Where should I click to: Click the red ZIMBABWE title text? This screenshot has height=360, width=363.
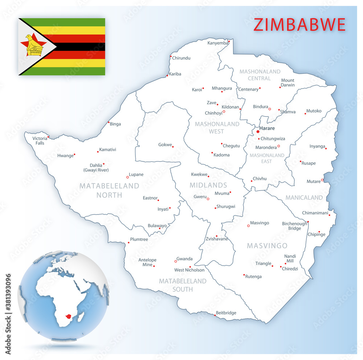(299, 25)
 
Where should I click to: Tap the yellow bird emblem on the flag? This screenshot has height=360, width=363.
(33, 45)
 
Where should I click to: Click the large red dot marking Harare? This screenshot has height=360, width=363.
(258, 132)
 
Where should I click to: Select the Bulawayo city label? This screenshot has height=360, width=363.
(157, 226)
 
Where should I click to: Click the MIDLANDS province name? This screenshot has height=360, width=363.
(208, 185)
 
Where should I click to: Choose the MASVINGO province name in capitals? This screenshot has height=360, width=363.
(267, 246)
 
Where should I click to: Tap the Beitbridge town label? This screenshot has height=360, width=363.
(226, 313)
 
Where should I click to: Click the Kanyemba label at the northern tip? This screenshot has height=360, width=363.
(218, 43)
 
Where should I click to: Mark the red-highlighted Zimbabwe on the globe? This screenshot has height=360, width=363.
(68, 316)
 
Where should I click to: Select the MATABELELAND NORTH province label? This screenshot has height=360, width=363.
(109, 190)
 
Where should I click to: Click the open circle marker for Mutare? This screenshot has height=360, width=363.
(322, 180)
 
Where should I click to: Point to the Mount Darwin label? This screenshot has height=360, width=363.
(287, 83)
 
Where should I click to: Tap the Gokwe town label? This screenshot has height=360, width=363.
(165, 145)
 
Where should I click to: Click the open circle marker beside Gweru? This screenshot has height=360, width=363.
(208, 199)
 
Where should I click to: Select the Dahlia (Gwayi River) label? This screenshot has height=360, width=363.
(96, 167)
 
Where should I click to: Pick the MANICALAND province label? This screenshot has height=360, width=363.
(304, 198)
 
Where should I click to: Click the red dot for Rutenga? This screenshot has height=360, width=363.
(244, 275)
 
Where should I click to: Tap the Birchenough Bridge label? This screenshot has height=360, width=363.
(294, 226)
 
